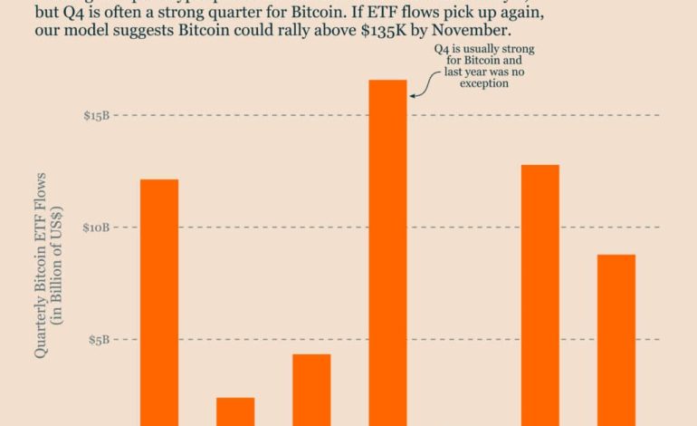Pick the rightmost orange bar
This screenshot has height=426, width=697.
click(616, 339)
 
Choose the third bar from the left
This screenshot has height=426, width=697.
click(311, 389)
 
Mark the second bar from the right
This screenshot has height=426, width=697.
click(540, 295)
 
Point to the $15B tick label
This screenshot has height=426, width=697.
click(97, 115)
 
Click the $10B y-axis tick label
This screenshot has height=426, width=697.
click(97, 228)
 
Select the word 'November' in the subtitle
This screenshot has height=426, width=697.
click(461, 30)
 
